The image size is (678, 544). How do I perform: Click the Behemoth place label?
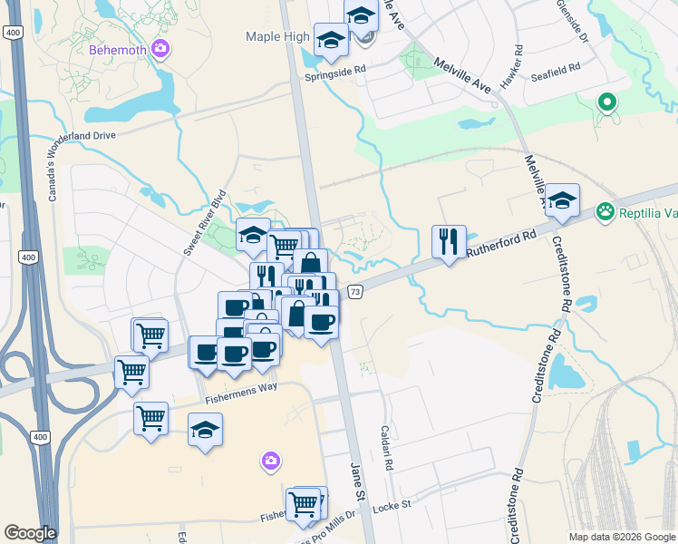pyautogui.click(x=117, y=50)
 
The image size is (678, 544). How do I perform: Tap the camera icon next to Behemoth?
pyautogui.click(x=160, y=49)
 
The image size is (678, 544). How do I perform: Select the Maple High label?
pyautogui.click(x=276, y=36)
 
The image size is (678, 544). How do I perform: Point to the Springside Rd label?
pyautogui.click(x=336, y=69)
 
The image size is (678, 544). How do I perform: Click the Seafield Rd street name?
pyautogui.click(x=556, y=76)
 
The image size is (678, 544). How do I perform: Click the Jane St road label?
pyautogui.click(x=355, y=480)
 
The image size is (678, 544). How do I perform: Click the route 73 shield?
pyautogui.click(x=355, y=291)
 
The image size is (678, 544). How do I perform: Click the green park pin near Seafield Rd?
pyautogui.click(x=607, y=104)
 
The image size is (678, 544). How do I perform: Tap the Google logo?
pyautogui.click(x=31, y=532)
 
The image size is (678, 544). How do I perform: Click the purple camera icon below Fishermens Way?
pyautogui.click(x=270, y=462)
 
